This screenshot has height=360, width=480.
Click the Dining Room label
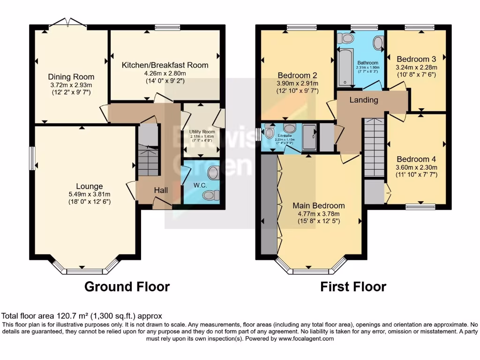point(71,77)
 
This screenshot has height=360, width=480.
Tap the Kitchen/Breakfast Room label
point(165,65)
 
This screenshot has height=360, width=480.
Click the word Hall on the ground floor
point(162,190)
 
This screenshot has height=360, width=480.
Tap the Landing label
point(363,100)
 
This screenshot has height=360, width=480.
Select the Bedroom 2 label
point(298,75)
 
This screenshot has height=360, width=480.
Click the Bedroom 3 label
point(416,59)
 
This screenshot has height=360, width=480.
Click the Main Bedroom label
point(319,205)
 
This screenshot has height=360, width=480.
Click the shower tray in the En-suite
point(309,137)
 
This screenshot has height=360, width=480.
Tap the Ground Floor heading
point(127,286)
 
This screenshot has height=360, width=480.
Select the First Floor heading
point(353,286)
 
